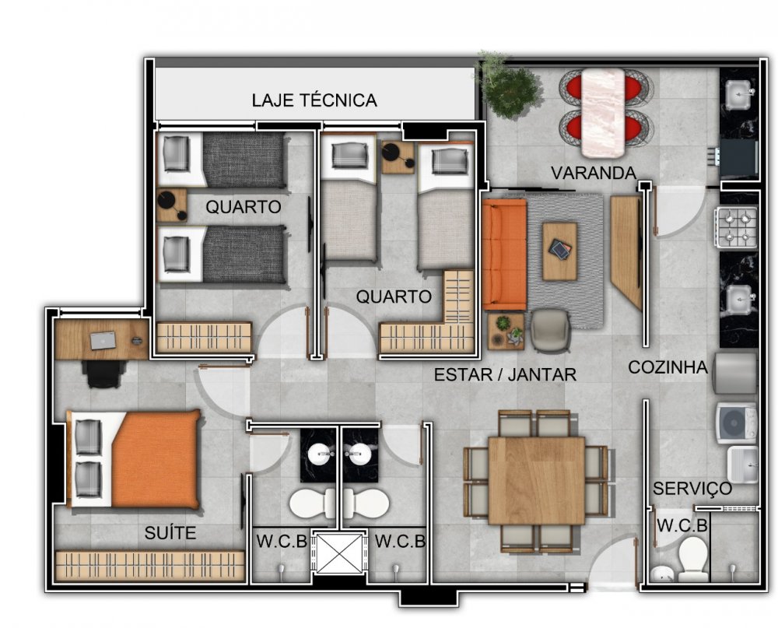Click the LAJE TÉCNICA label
(x=314, y=100)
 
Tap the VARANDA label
(x=594, y=173)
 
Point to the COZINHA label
(x=668, y=367)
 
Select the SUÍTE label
(x=170, y=533)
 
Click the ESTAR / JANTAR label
(x=505, y=374)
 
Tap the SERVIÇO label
(x=692, y=489)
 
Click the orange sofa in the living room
(x=503, y=254)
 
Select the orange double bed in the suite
(x=134, y=459)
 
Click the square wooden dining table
(x=536, y=481)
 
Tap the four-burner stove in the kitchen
(x=736, y=227)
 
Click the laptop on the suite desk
(x=103, y=341)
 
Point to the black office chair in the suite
(x=103, y=374)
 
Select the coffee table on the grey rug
(x=559, y=251)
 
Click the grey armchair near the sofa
(x=550, y=330)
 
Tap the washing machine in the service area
(x=736, y=423)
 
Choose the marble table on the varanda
(x=603, y=112)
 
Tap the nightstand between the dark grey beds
(x=171, y=205)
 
